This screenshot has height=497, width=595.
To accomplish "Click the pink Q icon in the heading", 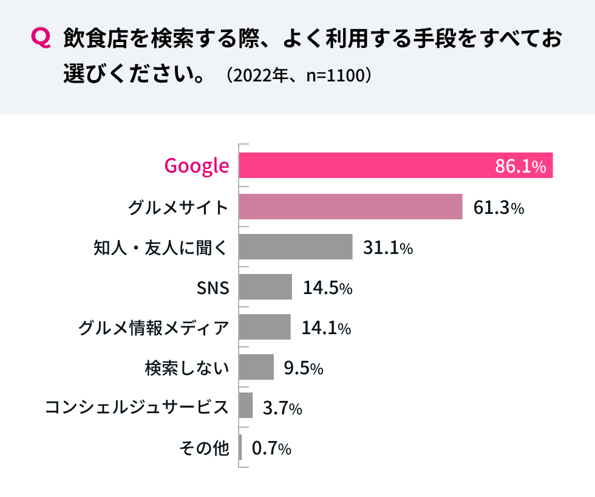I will (40, 39).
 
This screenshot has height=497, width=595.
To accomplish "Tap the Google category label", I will (197, 166).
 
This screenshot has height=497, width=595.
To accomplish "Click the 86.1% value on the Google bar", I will (520, 166).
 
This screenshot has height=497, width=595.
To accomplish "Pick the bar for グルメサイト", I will (350, 207).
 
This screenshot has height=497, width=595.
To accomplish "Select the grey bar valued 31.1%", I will (296, 247).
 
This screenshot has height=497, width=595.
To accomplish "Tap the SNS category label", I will (213, 288).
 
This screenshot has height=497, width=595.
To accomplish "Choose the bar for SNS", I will (265, 287).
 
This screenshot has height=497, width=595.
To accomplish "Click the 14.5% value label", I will (327, 288).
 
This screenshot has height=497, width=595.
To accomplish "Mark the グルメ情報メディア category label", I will (154, 328).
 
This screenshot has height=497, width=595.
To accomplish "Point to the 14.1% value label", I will (326, 328).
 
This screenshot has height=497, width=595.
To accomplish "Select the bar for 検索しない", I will (256, 367).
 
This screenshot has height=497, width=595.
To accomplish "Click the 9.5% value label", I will (303, 368).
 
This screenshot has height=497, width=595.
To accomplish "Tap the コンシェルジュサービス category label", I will (137, 407).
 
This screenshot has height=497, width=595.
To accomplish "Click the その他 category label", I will (204, 448).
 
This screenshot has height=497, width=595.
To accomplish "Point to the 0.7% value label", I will (271, 449).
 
